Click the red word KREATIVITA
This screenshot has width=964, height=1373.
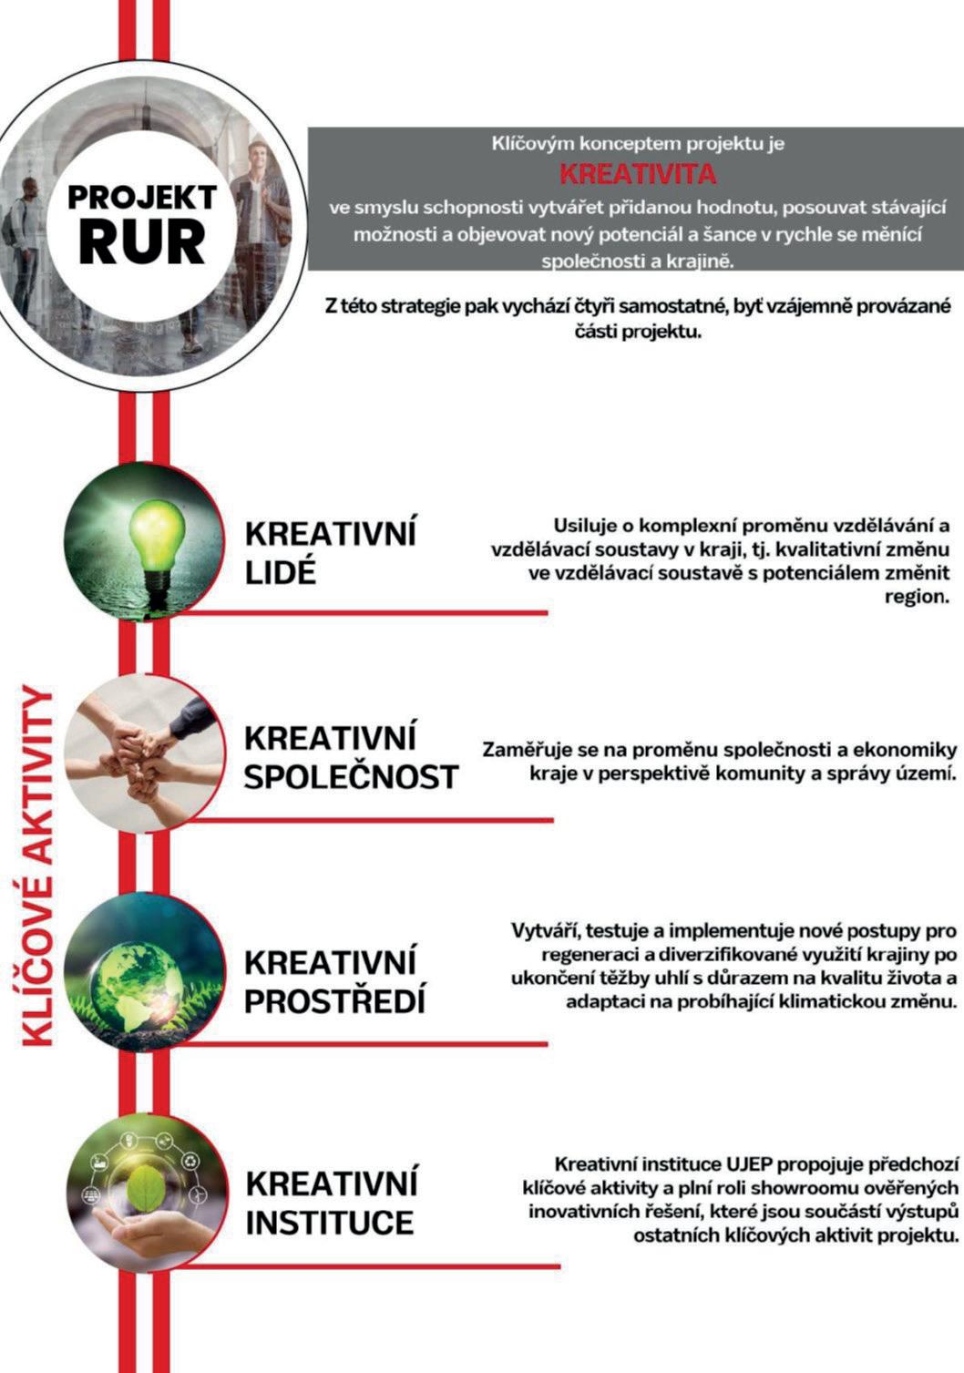637,173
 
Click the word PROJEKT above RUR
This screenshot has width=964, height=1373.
142,196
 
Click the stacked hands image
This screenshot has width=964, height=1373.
145,752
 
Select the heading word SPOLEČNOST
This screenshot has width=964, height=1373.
351,777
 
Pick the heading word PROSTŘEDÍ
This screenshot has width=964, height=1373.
335,1001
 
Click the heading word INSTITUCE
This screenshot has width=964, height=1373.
330,1222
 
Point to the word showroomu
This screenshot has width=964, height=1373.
782,1187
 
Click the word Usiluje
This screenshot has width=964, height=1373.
587,526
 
